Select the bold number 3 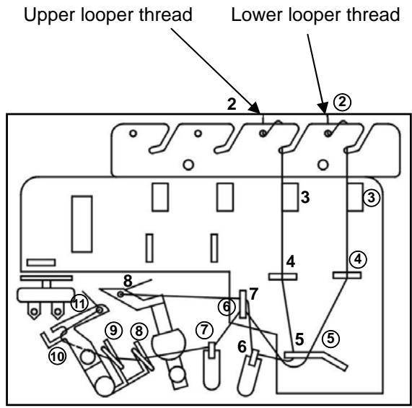coord(305,196)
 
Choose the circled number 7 coord(206,329)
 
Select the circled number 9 coord(113,329)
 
